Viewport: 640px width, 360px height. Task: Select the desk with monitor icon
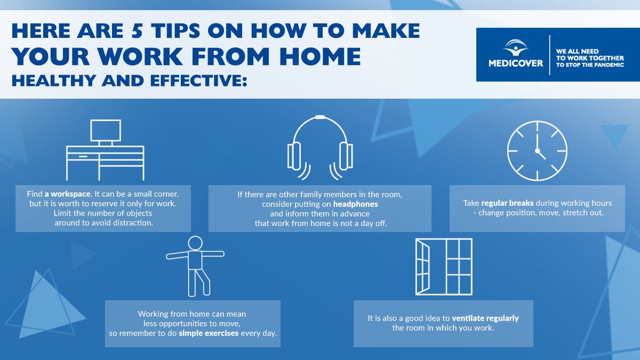click(x=105, y=150)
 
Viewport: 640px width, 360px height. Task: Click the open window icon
click(x=443, y=266)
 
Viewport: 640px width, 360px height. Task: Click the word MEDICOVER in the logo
click(x=515, y=63)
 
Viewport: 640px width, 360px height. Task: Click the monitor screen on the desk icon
click(x=105, y=130)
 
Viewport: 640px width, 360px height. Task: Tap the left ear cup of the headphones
click(x=294, y=155)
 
